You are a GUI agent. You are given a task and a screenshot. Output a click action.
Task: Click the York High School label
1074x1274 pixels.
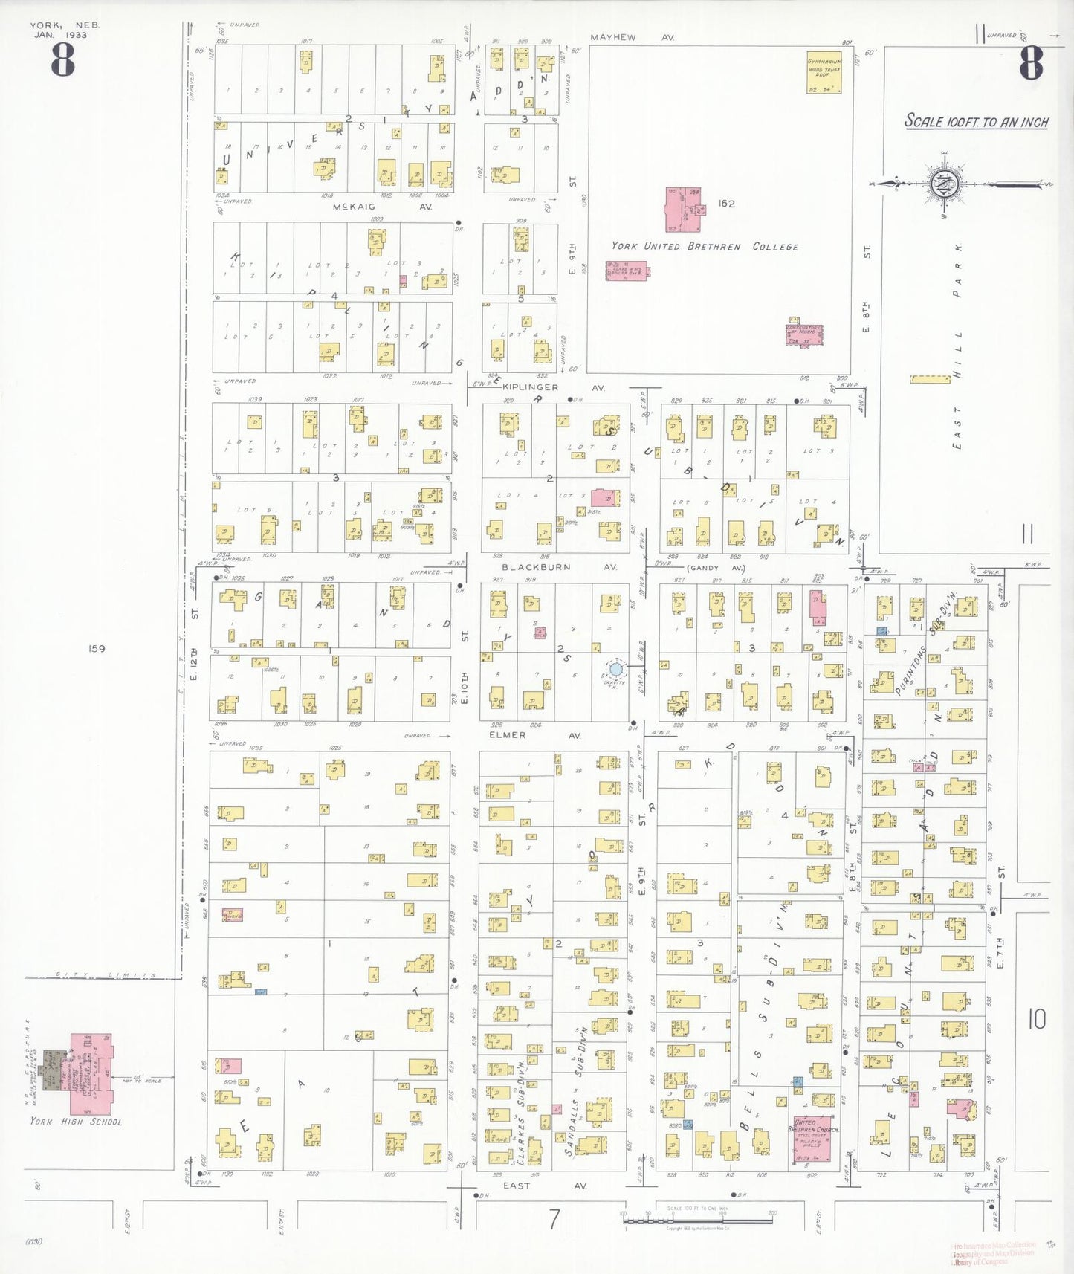click(76, 1122)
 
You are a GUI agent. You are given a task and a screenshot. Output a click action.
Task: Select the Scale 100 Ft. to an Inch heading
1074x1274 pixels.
click(976, 122)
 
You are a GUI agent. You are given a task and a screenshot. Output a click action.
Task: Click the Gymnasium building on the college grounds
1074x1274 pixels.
click(824, 73)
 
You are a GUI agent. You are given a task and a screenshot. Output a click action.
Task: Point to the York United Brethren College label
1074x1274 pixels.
click(705, 247)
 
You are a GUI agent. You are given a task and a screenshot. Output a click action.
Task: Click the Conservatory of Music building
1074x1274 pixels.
click(804, 334)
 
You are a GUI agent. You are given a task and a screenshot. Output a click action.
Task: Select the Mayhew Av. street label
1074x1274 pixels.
click(632, 36)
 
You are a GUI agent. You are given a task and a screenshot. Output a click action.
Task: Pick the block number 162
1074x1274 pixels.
click(726, 203)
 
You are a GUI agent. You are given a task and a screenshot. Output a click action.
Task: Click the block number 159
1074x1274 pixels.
click(97, 648)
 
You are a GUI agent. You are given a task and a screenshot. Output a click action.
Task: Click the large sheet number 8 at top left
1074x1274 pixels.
click(63, 60)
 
